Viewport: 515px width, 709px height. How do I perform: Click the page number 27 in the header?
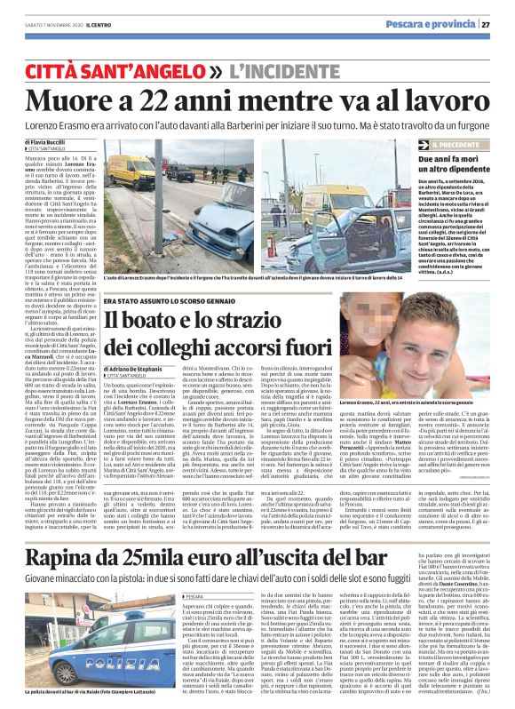pos(499,24)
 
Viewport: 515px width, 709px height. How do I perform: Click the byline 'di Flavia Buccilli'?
pos(45,141)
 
